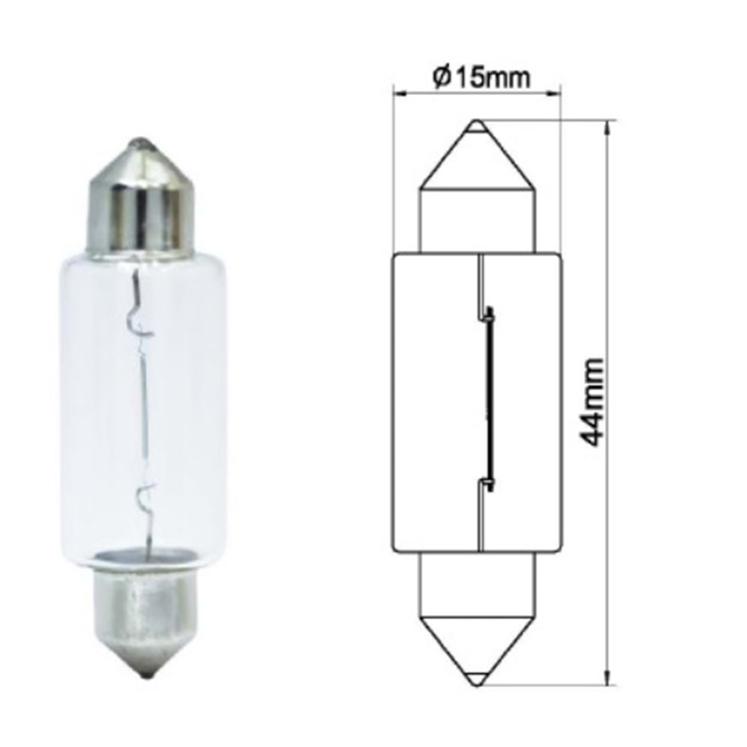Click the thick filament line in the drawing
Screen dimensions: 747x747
pyautogui.click(x=489, y=396)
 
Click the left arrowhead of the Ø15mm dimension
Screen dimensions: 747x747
pyautogui.click(x=398, y=93)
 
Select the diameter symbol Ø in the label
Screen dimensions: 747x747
pyautogui.click(x=441, y=76)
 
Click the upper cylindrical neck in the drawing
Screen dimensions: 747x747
pyautogui.click(x=477, y=220)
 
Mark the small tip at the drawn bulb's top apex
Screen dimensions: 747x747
pyautogui.click(x=477, y=126)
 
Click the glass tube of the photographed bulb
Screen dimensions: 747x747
pyautogui.click(x=142, y=403)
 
